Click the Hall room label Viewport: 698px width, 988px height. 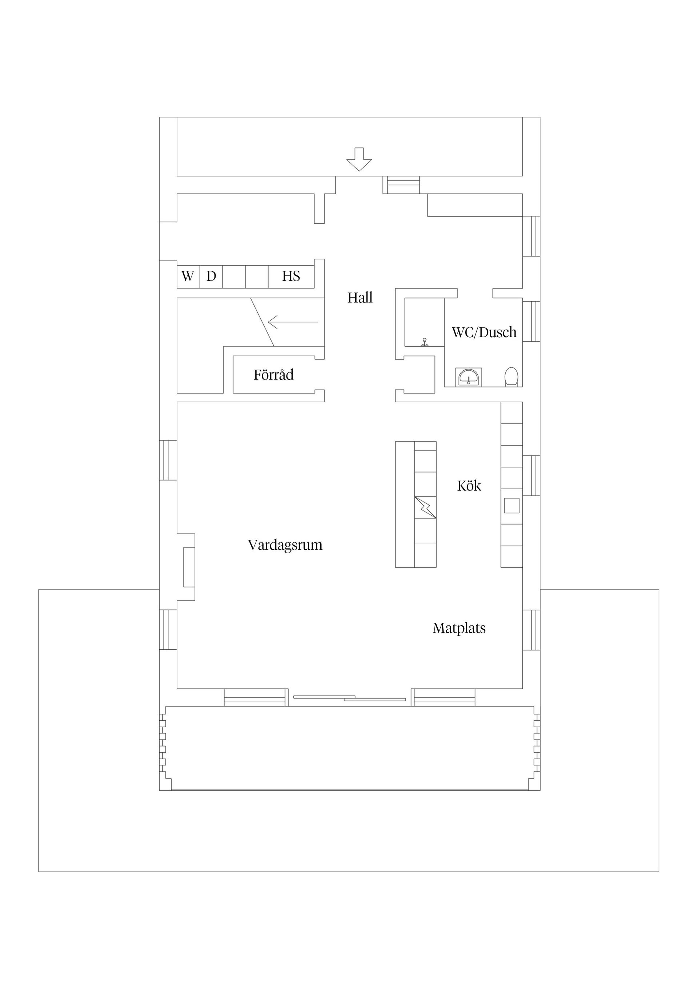pyautogui.click(x=360, y=297)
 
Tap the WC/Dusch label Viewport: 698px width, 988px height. pyautogui.click(x=484, y=332)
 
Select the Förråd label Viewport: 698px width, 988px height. pyautogui.click(x=273, y=375)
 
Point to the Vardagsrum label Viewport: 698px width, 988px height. pyautogui.click(x=285, y=545)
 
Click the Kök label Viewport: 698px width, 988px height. pyautogui.click(x=469, y=486)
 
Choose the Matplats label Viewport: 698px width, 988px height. pyautogui.click(x=459, y=628)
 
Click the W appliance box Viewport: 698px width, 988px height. pyautogui.click(x=188, y=276)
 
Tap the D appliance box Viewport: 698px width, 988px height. pyautogui.click(x=211, y=276)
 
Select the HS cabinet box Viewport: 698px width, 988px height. pyautogui.click(x=291, y=276)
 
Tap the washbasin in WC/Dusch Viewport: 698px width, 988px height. pyautogui.click(x=468, y=377)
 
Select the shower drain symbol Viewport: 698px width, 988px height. pyautogui.click(x=425, y=342)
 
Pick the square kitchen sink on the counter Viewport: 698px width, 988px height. pyautogui.click(x=512, y=505)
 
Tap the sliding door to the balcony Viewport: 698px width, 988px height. pyautogui.click(x=349, y=698)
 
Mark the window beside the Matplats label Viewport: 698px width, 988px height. pyautogui.click(x=531, y=630)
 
